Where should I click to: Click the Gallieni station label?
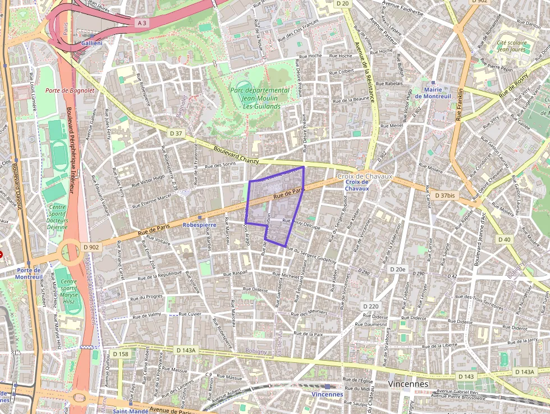(x=91, y=43)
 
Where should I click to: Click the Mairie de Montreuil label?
(x=433, y=93)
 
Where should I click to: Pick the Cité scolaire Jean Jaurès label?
(x=511, y=46)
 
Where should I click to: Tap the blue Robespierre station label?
(x=199, y=225)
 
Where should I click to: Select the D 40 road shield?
(x=505, y=239)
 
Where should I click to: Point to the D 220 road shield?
(x=371, y=306)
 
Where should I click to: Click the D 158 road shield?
(x=121, y=354)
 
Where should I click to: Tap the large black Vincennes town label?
(x=408, y=384)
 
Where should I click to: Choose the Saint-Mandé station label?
(x=130, y=411)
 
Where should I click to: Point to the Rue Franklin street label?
(x=460, y=104)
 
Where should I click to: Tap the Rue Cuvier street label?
(x=190, y=314)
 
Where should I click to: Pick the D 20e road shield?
(x=397, y=270)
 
